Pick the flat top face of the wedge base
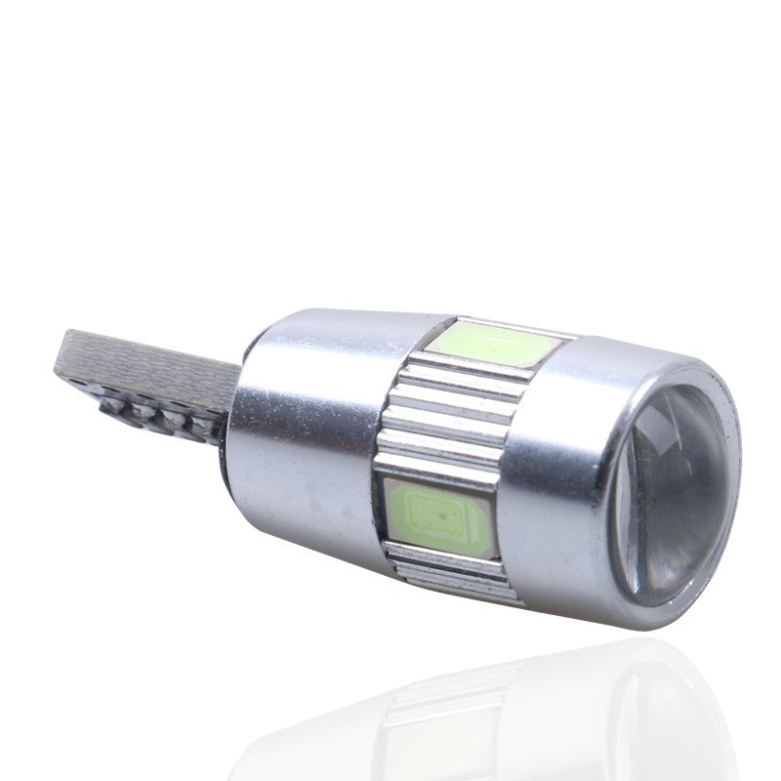(146, 361)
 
